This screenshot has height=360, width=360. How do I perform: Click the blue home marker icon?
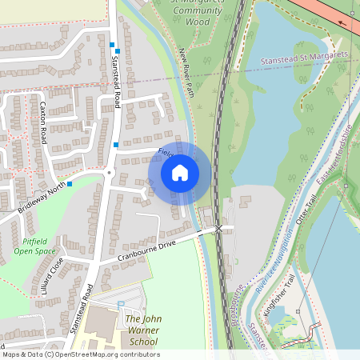(180, 172)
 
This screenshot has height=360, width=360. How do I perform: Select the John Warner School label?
(143, 330)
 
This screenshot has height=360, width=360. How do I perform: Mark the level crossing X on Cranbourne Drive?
(218, 229)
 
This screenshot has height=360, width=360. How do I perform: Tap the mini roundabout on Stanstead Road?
(109, 172)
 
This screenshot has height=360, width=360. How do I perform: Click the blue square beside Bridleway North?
(70, 185)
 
